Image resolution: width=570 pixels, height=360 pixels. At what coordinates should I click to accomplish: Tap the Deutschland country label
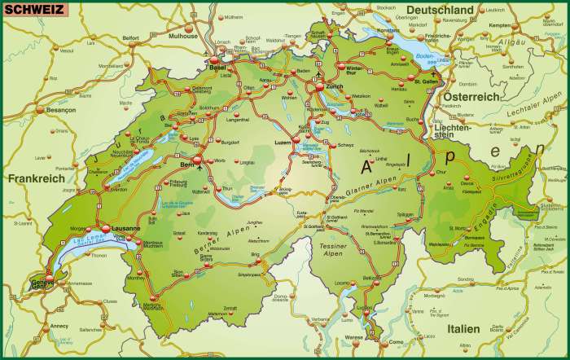click(440, 10)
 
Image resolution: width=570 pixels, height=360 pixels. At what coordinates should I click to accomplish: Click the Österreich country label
click(470, 96)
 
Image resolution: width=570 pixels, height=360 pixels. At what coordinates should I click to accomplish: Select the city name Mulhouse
click(182, 37)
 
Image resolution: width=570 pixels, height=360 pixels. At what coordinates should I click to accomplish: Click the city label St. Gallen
click(427, 81)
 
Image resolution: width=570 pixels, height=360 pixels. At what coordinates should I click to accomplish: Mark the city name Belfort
click(129, 37)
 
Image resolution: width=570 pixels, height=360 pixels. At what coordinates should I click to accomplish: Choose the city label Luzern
click(283, 143)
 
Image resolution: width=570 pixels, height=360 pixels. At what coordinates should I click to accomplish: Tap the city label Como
click(397, 342)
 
